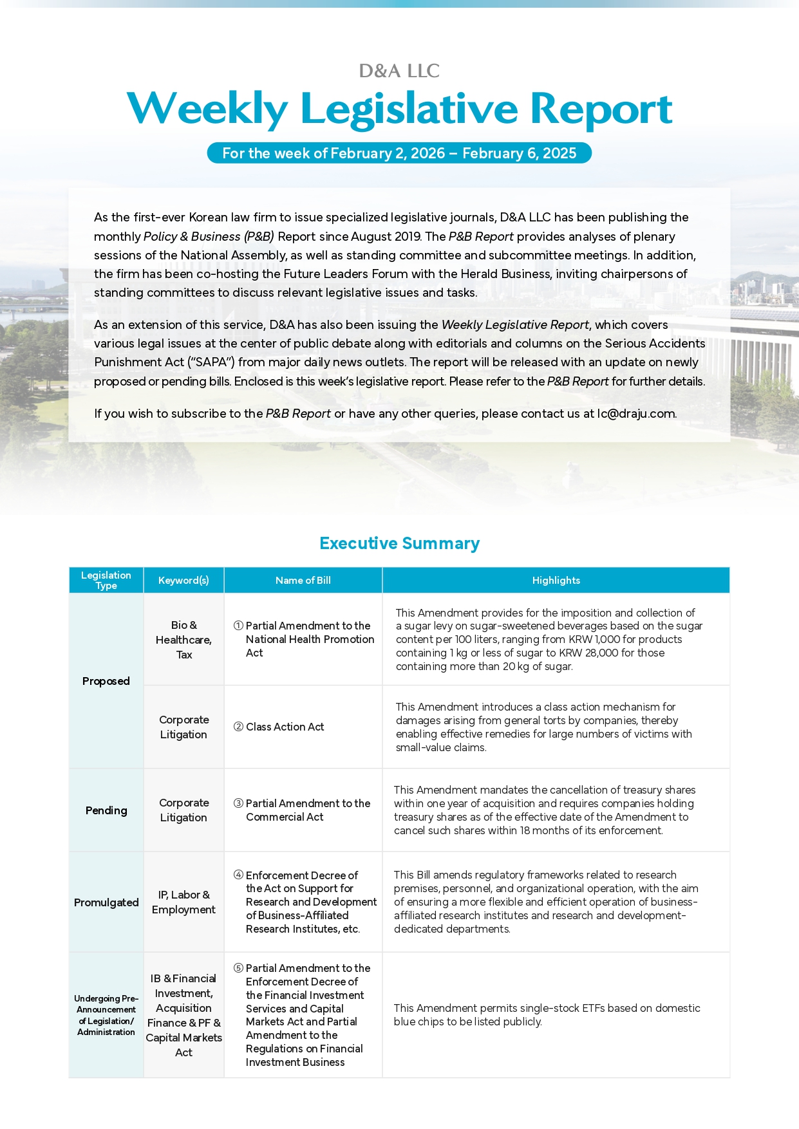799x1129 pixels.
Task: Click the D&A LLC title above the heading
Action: [399, 71]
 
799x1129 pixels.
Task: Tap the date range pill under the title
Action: [399, 153]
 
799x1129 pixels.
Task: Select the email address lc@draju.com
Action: [636, 413]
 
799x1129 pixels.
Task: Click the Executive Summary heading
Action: [399, 543]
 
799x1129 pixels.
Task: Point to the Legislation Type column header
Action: [106, 580]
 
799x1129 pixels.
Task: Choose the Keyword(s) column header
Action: [183, 580]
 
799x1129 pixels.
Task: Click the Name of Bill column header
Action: [303, 580]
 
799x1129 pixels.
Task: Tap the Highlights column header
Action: [556, 580]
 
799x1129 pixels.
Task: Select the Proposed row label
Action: [106, 681]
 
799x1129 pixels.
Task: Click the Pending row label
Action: [106, 810]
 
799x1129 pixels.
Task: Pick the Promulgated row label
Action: [106, 902]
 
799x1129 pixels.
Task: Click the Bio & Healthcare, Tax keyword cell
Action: [183, 640]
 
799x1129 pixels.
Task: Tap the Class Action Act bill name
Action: [285, 727]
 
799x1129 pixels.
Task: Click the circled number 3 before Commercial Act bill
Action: [238, 803]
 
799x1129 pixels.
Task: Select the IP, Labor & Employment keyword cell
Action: [183, 902]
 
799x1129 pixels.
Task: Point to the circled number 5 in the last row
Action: [238, 968]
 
